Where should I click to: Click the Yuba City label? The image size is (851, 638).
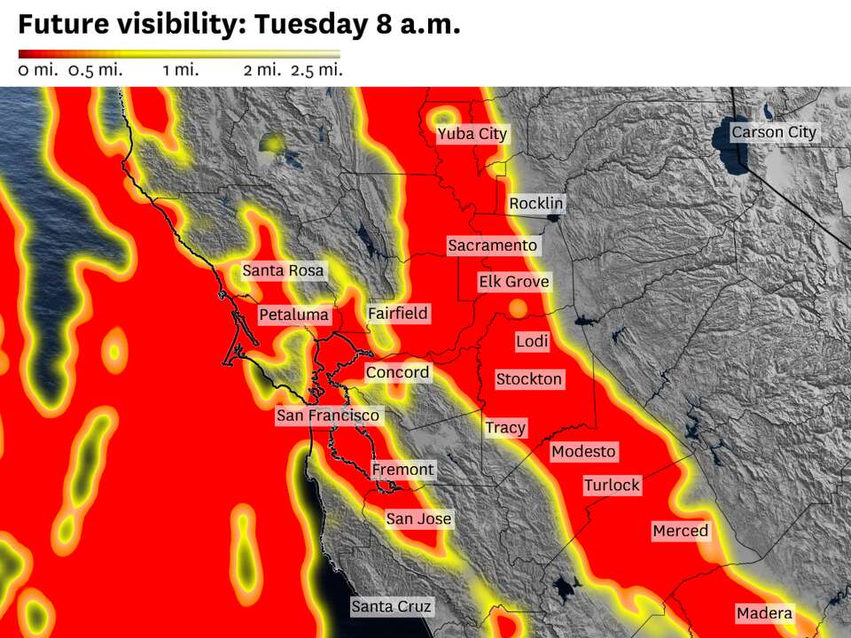click(x=472, y=134)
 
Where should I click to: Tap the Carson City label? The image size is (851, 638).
click(x=774, y=132)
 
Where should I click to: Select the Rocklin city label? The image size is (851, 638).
click(x=535, y=204)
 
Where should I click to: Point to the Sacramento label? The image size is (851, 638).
click(x=493, y=245)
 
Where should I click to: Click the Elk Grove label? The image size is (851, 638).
click(x=514, y=282)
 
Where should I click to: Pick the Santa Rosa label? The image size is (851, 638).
click(x=284, y=270)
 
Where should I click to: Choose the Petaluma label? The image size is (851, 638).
click(x=294, y=315)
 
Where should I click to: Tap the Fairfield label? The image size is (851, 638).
click(x=398, y=313)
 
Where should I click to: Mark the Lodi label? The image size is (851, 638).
click(x=532, y=341)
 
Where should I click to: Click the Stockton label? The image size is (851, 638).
click(x=529, y=379)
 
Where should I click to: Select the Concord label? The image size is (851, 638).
click(x=397, y=372)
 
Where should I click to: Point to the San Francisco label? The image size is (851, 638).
click(x=328, y=415)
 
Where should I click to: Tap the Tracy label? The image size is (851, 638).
click(x=505, y=428)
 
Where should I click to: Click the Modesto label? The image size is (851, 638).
click(x=583, y=451)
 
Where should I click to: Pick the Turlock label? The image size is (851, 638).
click(x=612, y=485)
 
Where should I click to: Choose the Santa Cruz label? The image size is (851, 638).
click(x=391, y=607)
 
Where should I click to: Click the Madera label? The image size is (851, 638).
click(x=764, y=613)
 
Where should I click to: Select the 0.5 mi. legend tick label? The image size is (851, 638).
click(x=95, y=70)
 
